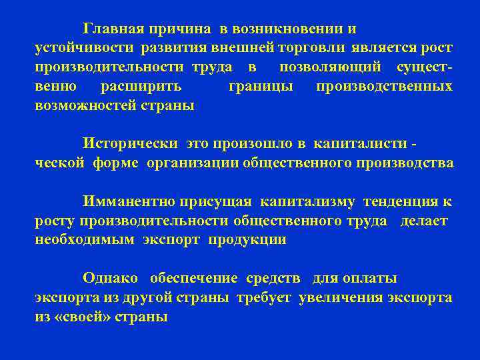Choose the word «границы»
(260, 87)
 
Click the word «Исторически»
(130, 143)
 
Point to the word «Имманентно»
(129, 201)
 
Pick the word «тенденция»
(405, 201)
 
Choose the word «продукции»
(247, 240)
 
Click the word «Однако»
(110, 278)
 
